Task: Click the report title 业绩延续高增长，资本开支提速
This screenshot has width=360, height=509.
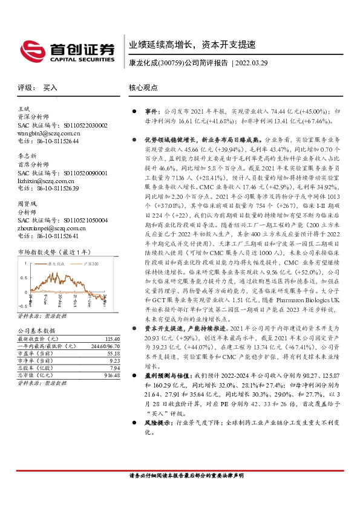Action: point(192,45)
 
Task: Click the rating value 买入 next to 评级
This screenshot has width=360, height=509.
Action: point(50,88)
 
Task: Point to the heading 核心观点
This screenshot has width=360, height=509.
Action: point(143,88)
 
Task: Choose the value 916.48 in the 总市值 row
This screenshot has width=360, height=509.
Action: point(113,375)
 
